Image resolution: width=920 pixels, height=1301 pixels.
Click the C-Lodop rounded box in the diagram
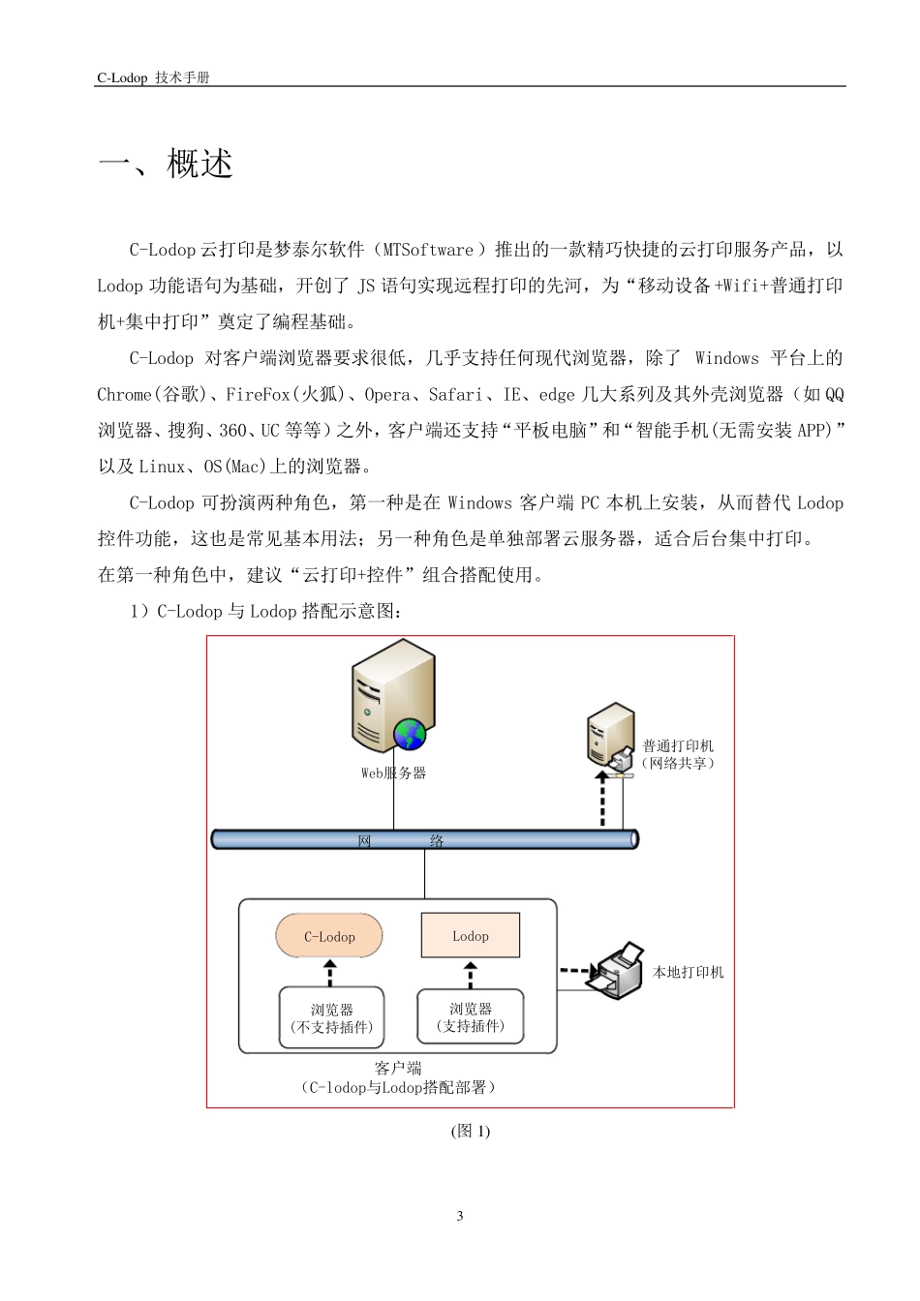pyautogui.click(x=329, y=936)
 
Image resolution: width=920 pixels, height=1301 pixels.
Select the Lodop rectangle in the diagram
pyautogui.click(x=471, y=936)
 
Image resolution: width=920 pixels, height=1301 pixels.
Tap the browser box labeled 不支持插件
pyautogui.click(x=331, y=1017)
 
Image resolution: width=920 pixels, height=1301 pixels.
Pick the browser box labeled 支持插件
pyautogui.click(x=471, y=1016)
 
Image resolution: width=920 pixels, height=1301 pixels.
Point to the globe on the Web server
pyautogui.click(x=410, y=735)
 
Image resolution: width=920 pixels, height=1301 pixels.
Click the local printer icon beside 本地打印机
pyautogui.click(x=621, y=971)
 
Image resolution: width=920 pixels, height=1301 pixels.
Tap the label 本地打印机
pyautogui.click(x=688, y=972)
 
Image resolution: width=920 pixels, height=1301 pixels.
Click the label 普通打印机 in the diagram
pyautogui.click(x=678, y=746)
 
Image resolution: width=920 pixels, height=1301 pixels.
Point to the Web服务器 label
pyautogui.click(x=393, y=772)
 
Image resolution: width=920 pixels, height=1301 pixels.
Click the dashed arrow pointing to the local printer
pyautogui.click(x=578, y=970)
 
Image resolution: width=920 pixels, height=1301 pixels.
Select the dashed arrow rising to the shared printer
pyautogui.click(x=602, y=798)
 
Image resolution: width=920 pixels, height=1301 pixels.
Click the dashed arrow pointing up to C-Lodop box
pyautogui.click(x=330, y=973)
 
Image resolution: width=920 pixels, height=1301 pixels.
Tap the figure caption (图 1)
pyautogui.click(x=471, y=1131)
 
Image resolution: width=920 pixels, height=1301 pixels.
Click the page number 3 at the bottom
pyautogui.click(x=460, y=1216)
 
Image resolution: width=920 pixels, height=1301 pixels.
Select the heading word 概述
pyautogui.click(x=200, y=164)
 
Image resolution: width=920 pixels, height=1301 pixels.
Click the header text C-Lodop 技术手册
pyautogui.click(x=153, y=77)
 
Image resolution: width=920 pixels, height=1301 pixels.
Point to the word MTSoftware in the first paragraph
pyautogui.click(x=428, y=250)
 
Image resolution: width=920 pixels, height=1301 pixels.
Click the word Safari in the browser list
pyautogui.click(x=454, y=394)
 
